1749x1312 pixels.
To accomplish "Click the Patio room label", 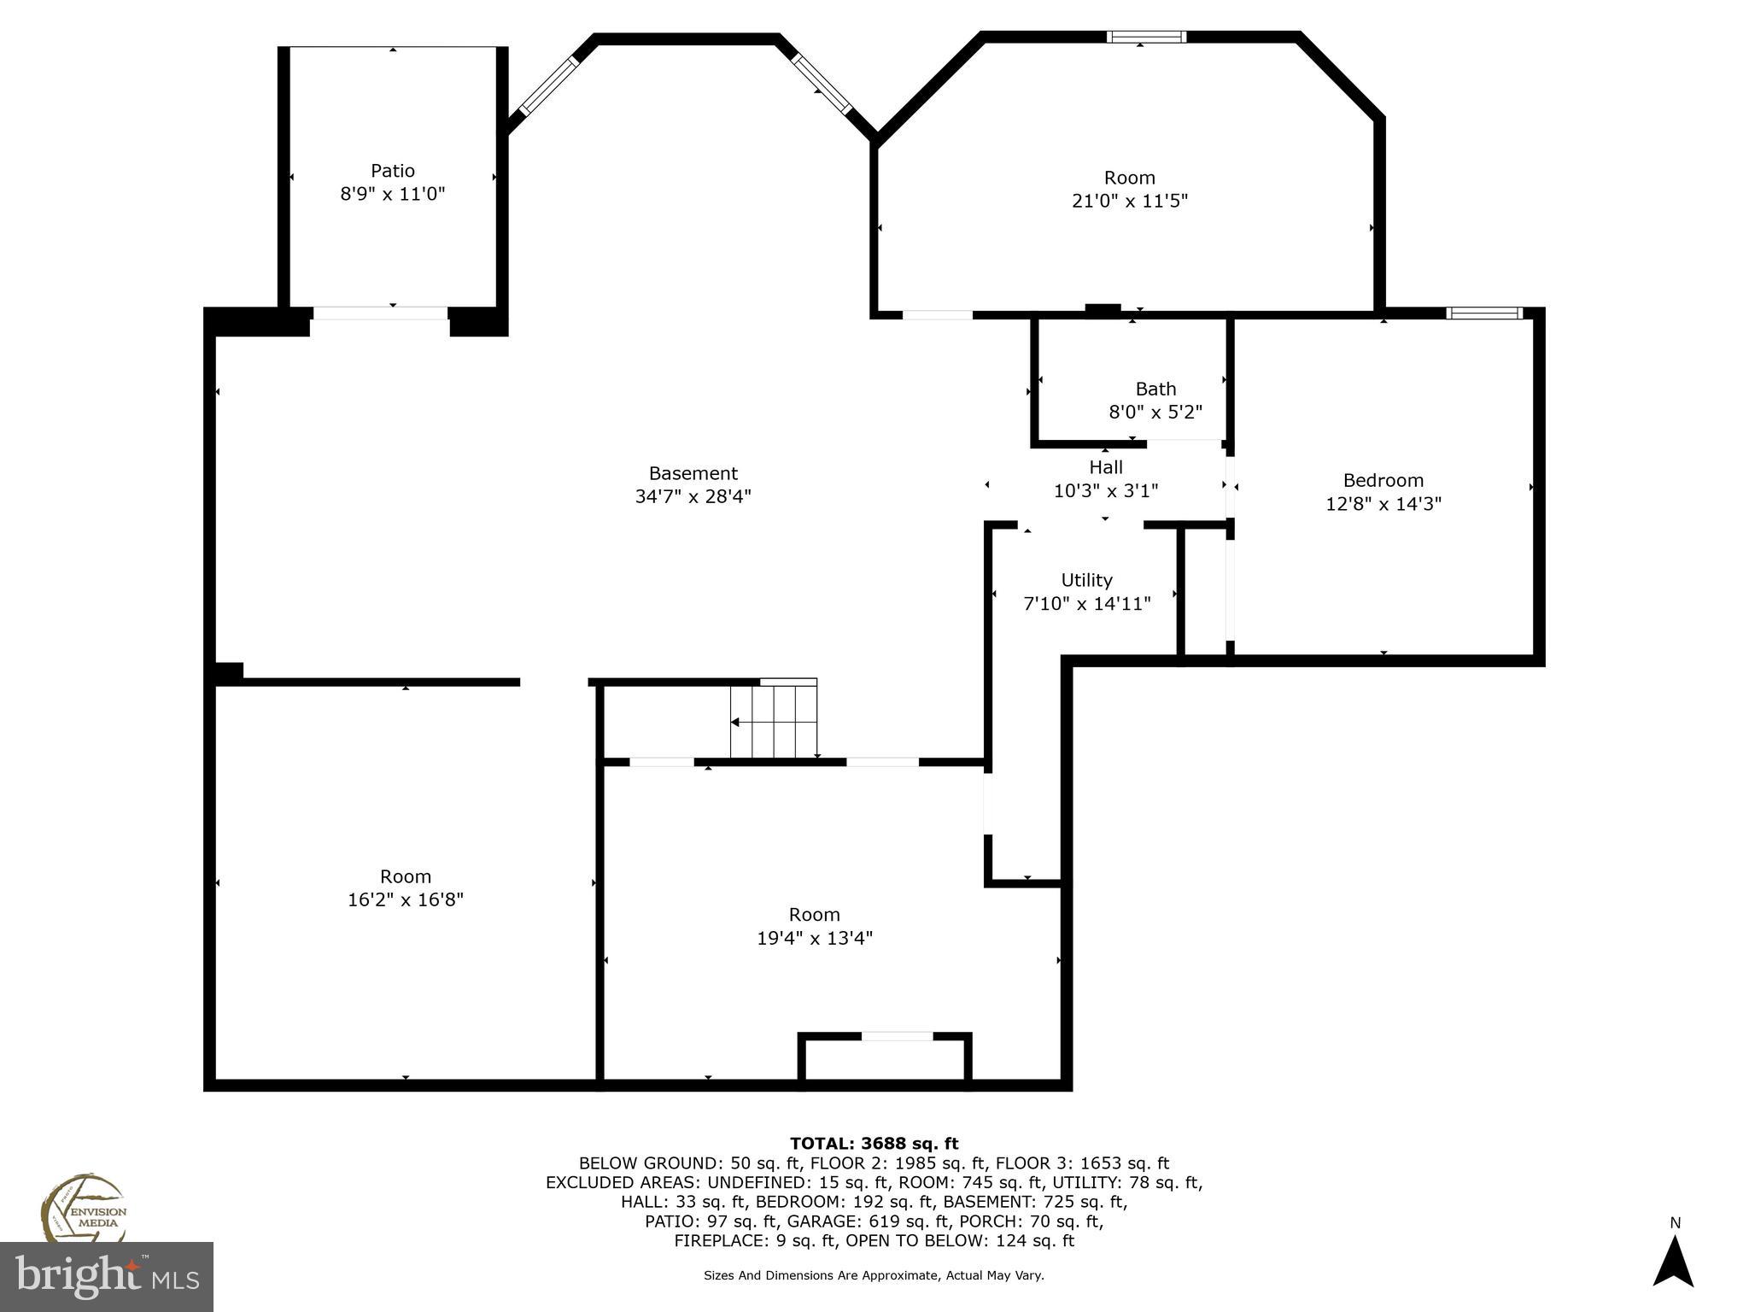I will pyautogui.click(x=392, y=171).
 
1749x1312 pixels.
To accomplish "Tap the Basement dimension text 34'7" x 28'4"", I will pyautogui.click(x=693, y=496).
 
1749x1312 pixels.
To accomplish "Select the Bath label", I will pyautogui.click(x=1155, y=389).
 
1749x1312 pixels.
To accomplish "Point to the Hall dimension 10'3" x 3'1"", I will pyautogui.click(x=1105, y=491).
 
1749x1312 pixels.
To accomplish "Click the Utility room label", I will pyautogui.click(x=1086, y=581).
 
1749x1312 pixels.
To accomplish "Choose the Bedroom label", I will pyautogui.click(x=1383, y=480).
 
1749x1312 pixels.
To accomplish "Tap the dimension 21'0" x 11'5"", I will pyautogui.click(x=1129, y=202).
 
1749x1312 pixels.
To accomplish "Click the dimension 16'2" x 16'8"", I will pyautogui.click(x=405, y=899).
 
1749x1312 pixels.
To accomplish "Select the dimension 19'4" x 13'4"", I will pyautogui.click(x=814, y=938).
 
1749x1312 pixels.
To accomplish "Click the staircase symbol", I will pyautogui.click(x=774, y=720).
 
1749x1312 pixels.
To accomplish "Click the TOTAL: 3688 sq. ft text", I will pyautogui.click(x=874, y=1143).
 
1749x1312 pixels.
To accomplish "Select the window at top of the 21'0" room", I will pyautogui.click(x=1146, y=37).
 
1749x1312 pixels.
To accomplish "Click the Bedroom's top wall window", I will pyautogui.click(x=1483, y=313).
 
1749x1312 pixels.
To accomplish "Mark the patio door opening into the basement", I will pyautogui.click(x=380, y=313).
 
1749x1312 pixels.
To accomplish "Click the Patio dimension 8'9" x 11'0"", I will pyautogui.click(x=392, y=194).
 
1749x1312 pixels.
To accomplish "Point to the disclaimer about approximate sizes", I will pyautogui.click(x=874, y=1275).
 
